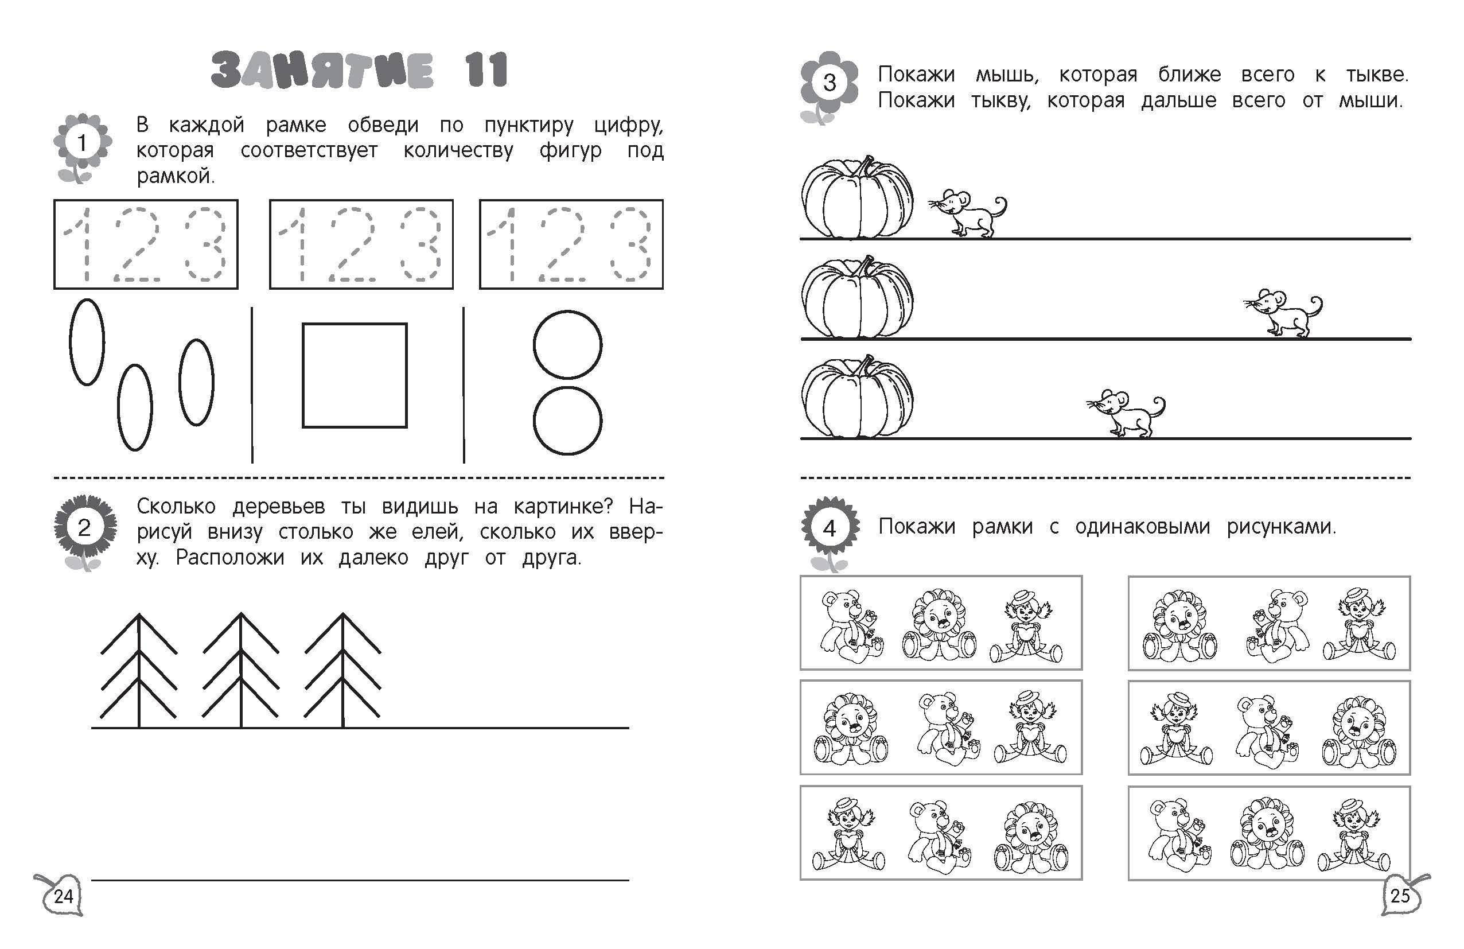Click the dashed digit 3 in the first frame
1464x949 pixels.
pos(206,244)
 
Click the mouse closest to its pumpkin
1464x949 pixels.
pos(967,213)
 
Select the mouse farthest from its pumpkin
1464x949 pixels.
pos(1283,313)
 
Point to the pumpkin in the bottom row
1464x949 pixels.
pos(857,396)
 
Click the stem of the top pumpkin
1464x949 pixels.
pos(867,165)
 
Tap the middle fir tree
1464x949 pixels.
pos(240,670)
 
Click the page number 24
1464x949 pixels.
pos(63,896)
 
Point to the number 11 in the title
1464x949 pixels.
pos(486,69)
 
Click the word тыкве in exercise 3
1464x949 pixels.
pos(1377,75)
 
